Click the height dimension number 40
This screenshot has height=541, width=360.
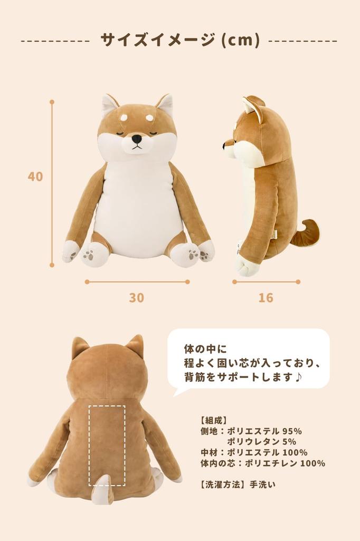[x=35, y=176]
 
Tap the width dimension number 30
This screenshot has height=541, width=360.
[x=136, y=298]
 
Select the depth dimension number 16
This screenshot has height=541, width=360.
[x=266, y=298]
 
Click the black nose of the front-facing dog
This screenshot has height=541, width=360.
[x=137, y=139]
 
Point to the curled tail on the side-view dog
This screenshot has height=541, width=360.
[x=308, y=234]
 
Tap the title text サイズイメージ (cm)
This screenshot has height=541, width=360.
[x=180, y=40]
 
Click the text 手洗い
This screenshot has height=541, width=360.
[x=263, y=483]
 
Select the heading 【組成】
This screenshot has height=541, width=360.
[x=214, y=421]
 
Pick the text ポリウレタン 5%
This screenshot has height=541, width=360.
[x=261, y=442]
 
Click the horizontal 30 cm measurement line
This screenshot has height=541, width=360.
[x=137, y=282]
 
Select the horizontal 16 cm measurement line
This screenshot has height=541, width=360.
[x=267, y=282]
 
